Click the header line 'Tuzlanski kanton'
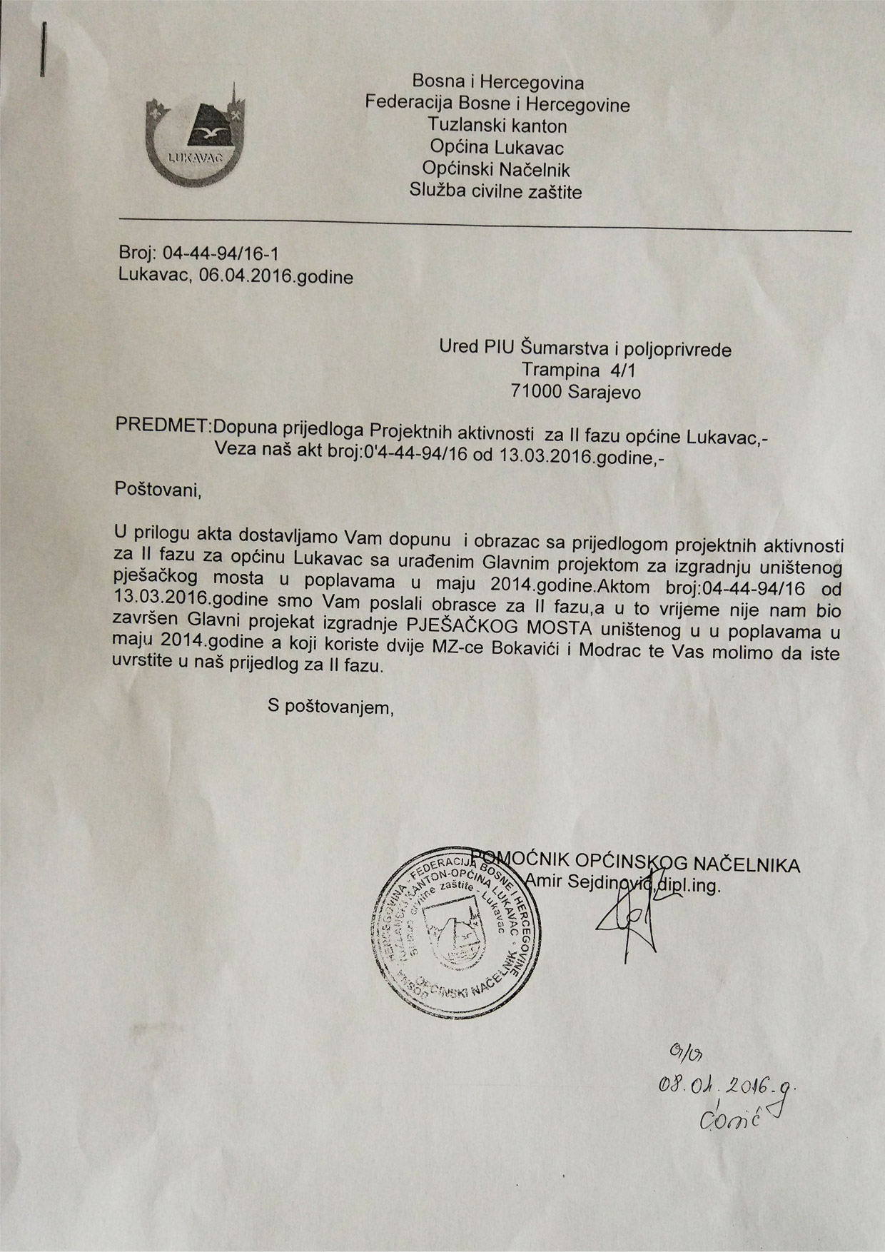pos(497,126)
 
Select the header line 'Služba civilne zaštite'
pos(496,191)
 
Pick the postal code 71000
pos(539,391)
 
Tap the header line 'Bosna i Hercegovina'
pos(497,83)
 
